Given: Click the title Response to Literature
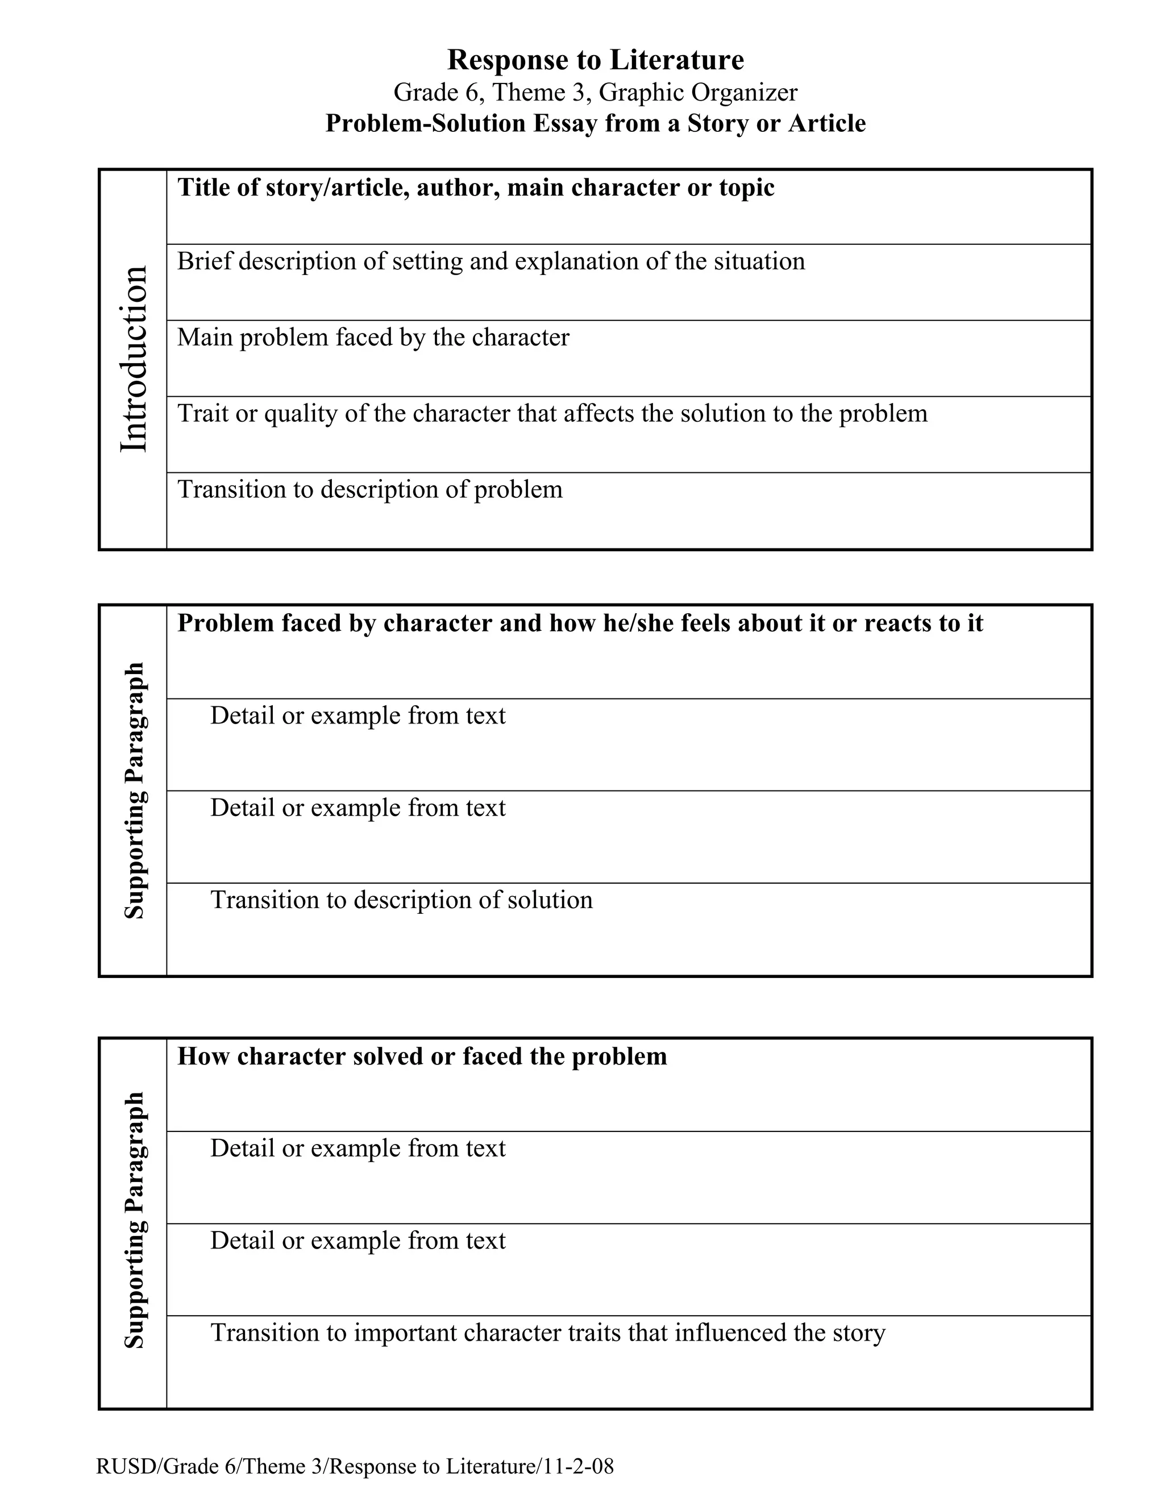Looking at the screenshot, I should tap(595, 60).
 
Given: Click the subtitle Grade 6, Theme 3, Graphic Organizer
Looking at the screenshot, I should tap(595, 93).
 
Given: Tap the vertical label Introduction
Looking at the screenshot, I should tap(134, 359).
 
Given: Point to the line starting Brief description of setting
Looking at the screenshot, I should tap(490, 261).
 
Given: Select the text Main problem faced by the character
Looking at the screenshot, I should tap(373, 337).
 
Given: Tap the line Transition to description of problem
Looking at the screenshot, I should tap(369, 489).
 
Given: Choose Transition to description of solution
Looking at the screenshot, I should tap(401, 900).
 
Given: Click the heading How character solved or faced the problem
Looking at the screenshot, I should tap(422, 1056).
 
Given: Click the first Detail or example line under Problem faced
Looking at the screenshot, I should tap(357, 715).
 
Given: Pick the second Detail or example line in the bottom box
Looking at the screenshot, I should tap(357, 1241).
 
